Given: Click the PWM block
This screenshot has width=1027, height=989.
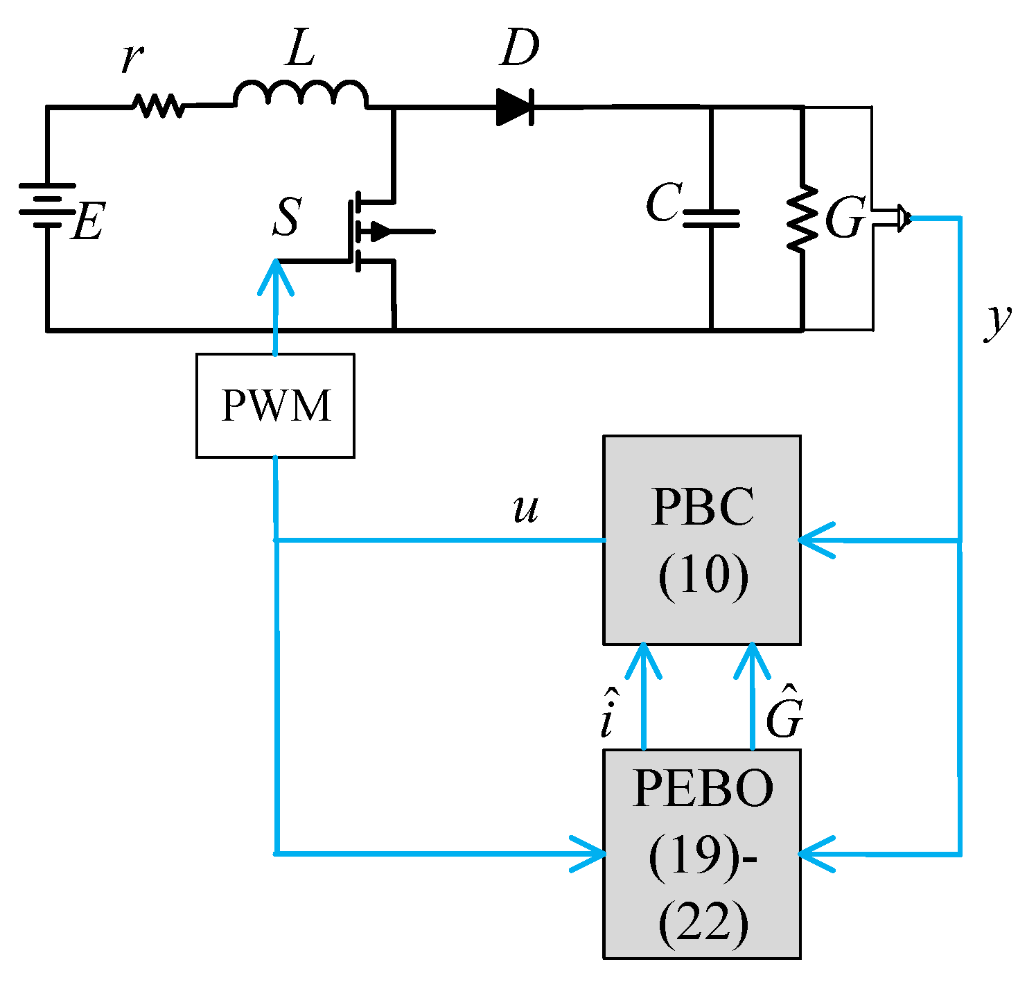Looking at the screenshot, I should pos(275,405).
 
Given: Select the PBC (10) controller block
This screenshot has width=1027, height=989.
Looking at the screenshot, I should pos(702,540).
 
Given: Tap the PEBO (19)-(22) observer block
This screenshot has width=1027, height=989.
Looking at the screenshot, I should pos(702,854).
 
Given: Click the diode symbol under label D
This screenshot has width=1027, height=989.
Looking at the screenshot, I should pos(514,107).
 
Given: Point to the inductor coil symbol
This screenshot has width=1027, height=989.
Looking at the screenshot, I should pos(300,96).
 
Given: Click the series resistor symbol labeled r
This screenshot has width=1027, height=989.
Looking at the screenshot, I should pos(158,106).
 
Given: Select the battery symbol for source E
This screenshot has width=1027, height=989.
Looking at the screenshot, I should pos(46,206).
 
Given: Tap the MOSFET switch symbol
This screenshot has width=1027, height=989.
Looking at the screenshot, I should pos(374,231).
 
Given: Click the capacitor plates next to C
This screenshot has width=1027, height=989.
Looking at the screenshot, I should pos(711,218).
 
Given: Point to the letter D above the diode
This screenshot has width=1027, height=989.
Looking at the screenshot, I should pos(519,49).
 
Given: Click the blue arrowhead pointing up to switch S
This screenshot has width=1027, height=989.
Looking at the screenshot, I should pos(276,277).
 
